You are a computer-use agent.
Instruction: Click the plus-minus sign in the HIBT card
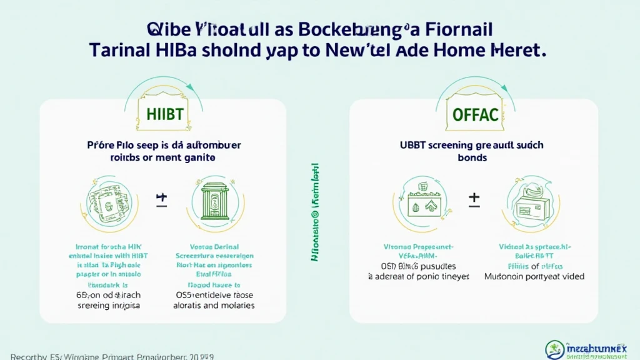tap(162, 200)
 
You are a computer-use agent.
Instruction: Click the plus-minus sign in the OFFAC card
tap(474, 200)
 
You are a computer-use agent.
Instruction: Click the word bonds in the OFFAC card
tap(474, 158)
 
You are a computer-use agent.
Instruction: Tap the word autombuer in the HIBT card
tap(213, 145)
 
